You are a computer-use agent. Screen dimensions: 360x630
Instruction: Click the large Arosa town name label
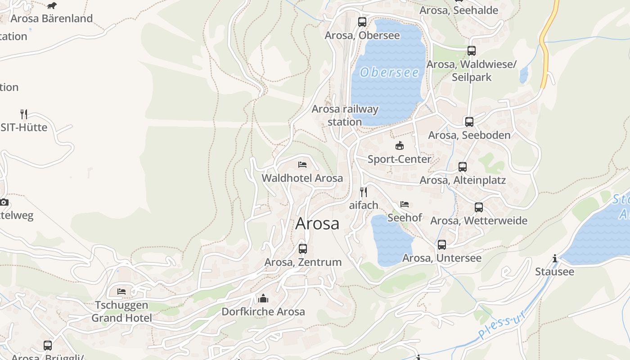pos(317,224)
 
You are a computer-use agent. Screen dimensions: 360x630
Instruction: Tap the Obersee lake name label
pos(390,72)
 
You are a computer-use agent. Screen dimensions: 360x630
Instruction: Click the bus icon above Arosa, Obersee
pos(362,22)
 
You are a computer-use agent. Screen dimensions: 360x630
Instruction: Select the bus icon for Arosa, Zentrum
pos(303,248)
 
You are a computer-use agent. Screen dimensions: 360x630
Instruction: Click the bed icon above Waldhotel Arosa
pos(302,165)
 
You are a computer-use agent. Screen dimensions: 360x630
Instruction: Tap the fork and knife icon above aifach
pos(364,192)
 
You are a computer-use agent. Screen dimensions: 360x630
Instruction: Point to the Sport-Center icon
pos(399,145)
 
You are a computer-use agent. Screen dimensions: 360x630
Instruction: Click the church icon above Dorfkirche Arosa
pos(263,298)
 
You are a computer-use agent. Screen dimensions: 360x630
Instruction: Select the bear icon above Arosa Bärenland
pos(52,5)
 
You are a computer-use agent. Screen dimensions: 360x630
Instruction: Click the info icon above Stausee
pos(555,258)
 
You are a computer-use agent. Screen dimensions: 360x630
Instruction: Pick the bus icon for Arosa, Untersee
pos(442,244)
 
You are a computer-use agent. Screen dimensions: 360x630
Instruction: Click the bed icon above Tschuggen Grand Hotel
pos(121,292)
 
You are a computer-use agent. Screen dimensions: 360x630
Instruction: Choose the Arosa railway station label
pos(345,115)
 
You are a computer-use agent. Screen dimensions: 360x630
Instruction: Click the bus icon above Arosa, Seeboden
pos(469,121)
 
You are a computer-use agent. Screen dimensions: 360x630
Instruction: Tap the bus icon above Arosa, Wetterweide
pos(479,207)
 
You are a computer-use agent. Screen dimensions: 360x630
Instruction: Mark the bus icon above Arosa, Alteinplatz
pos(463,167)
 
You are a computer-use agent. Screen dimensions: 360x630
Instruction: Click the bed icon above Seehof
pos(405,204)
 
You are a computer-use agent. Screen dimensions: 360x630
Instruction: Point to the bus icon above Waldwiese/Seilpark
pos(472,51)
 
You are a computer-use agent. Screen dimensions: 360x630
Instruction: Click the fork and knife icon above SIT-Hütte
pos(24,114)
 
